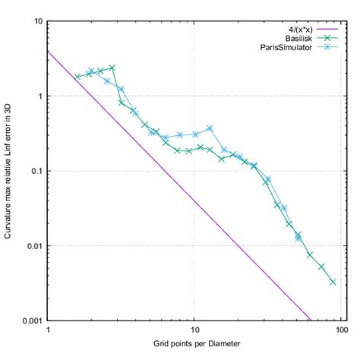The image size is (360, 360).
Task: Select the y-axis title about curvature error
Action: coord(9,171)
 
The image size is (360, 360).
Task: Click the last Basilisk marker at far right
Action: coord(333,282)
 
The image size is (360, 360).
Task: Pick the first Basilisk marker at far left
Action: coord(77,77)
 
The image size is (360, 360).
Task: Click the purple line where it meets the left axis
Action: coord(49,52)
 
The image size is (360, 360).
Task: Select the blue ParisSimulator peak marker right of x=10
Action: coord(210,128)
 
